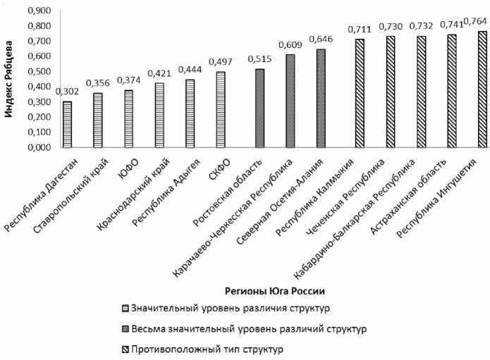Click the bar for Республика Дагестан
(x=67, y=125)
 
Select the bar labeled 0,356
(x=97, y=120)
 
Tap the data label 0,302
(x=68, y=92)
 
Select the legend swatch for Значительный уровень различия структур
(x=124, y=307)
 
